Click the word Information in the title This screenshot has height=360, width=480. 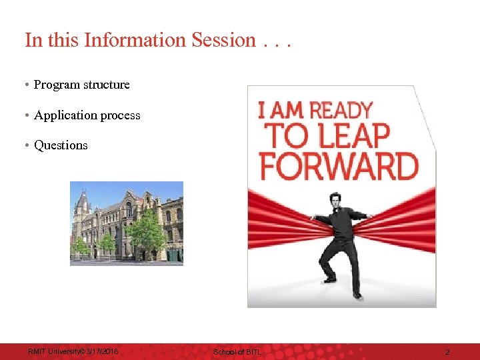pyautogui.click(x=136, y=40)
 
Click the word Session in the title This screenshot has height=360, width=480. pyautogui.click(x=223, y=40)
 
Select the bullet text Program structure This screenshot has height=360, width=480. pyautogui.click(x=81, y=85)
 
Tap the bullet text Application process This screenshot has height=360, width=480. pyautogui.click(x=87, y=115)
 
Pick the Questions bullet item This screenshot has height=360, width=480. pyautogui.click(x=61, y=145)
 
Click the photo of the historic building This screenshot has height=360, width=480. pyautogui.click(x=127, y=223)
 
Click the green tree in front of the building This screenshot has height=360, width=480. pyautogui.click(x=145, y=233)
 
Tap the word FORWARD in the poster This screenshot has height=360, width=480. pyautogui.click(x=339, y=165)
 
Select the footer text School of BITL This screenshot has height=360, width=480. pyautogui.click(x=237, y=351)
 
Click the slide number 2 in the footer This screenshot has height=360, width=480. pyautogui.click(x=447, y=351)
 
